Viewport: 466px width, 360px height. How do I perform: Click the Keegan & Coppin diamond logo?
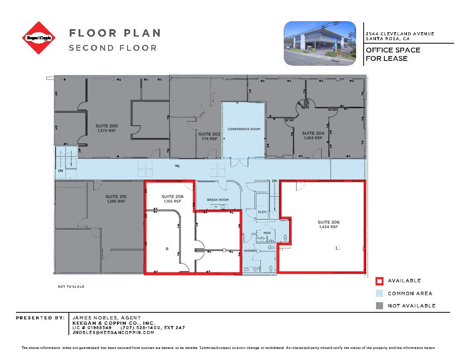click(39, 38)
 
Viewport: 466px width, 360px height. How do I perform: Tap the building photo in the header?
click(320, 43)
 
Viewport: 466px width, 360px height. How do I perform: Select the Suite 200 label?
click(107, 128)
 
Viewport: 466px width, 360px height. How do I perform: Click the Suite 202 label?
click(209, 136)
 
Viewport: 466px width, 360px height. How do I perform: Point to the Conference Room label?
click(244, 129)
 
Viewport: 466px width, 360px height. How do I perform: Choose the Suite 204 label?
click(313, 135)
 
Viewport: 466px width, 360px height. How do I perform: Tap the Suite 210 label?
click(116, 199)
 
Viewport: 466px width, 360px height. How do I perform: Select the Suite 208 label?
click(172, 199)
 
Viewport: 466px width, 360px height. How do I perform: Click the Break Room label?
click(218, 200)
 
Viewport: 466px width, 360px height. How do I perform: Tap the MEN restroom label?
click(267, 232)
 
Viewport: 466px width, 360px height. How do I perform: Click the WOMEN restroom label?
click(251, 251)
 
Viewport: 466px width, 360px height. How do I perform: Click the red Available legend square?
click(379, 281)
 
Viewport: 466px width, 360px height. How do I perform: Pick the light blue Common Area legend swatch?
click(379, 293)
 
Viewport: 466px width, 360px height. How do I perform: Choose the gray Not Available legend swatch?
click(379, 305)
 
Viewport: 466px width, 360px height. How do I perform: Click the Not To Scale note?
click(71, 287)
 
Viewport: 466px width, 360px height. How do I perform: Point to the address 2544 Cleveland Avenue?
click(399, 34)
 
